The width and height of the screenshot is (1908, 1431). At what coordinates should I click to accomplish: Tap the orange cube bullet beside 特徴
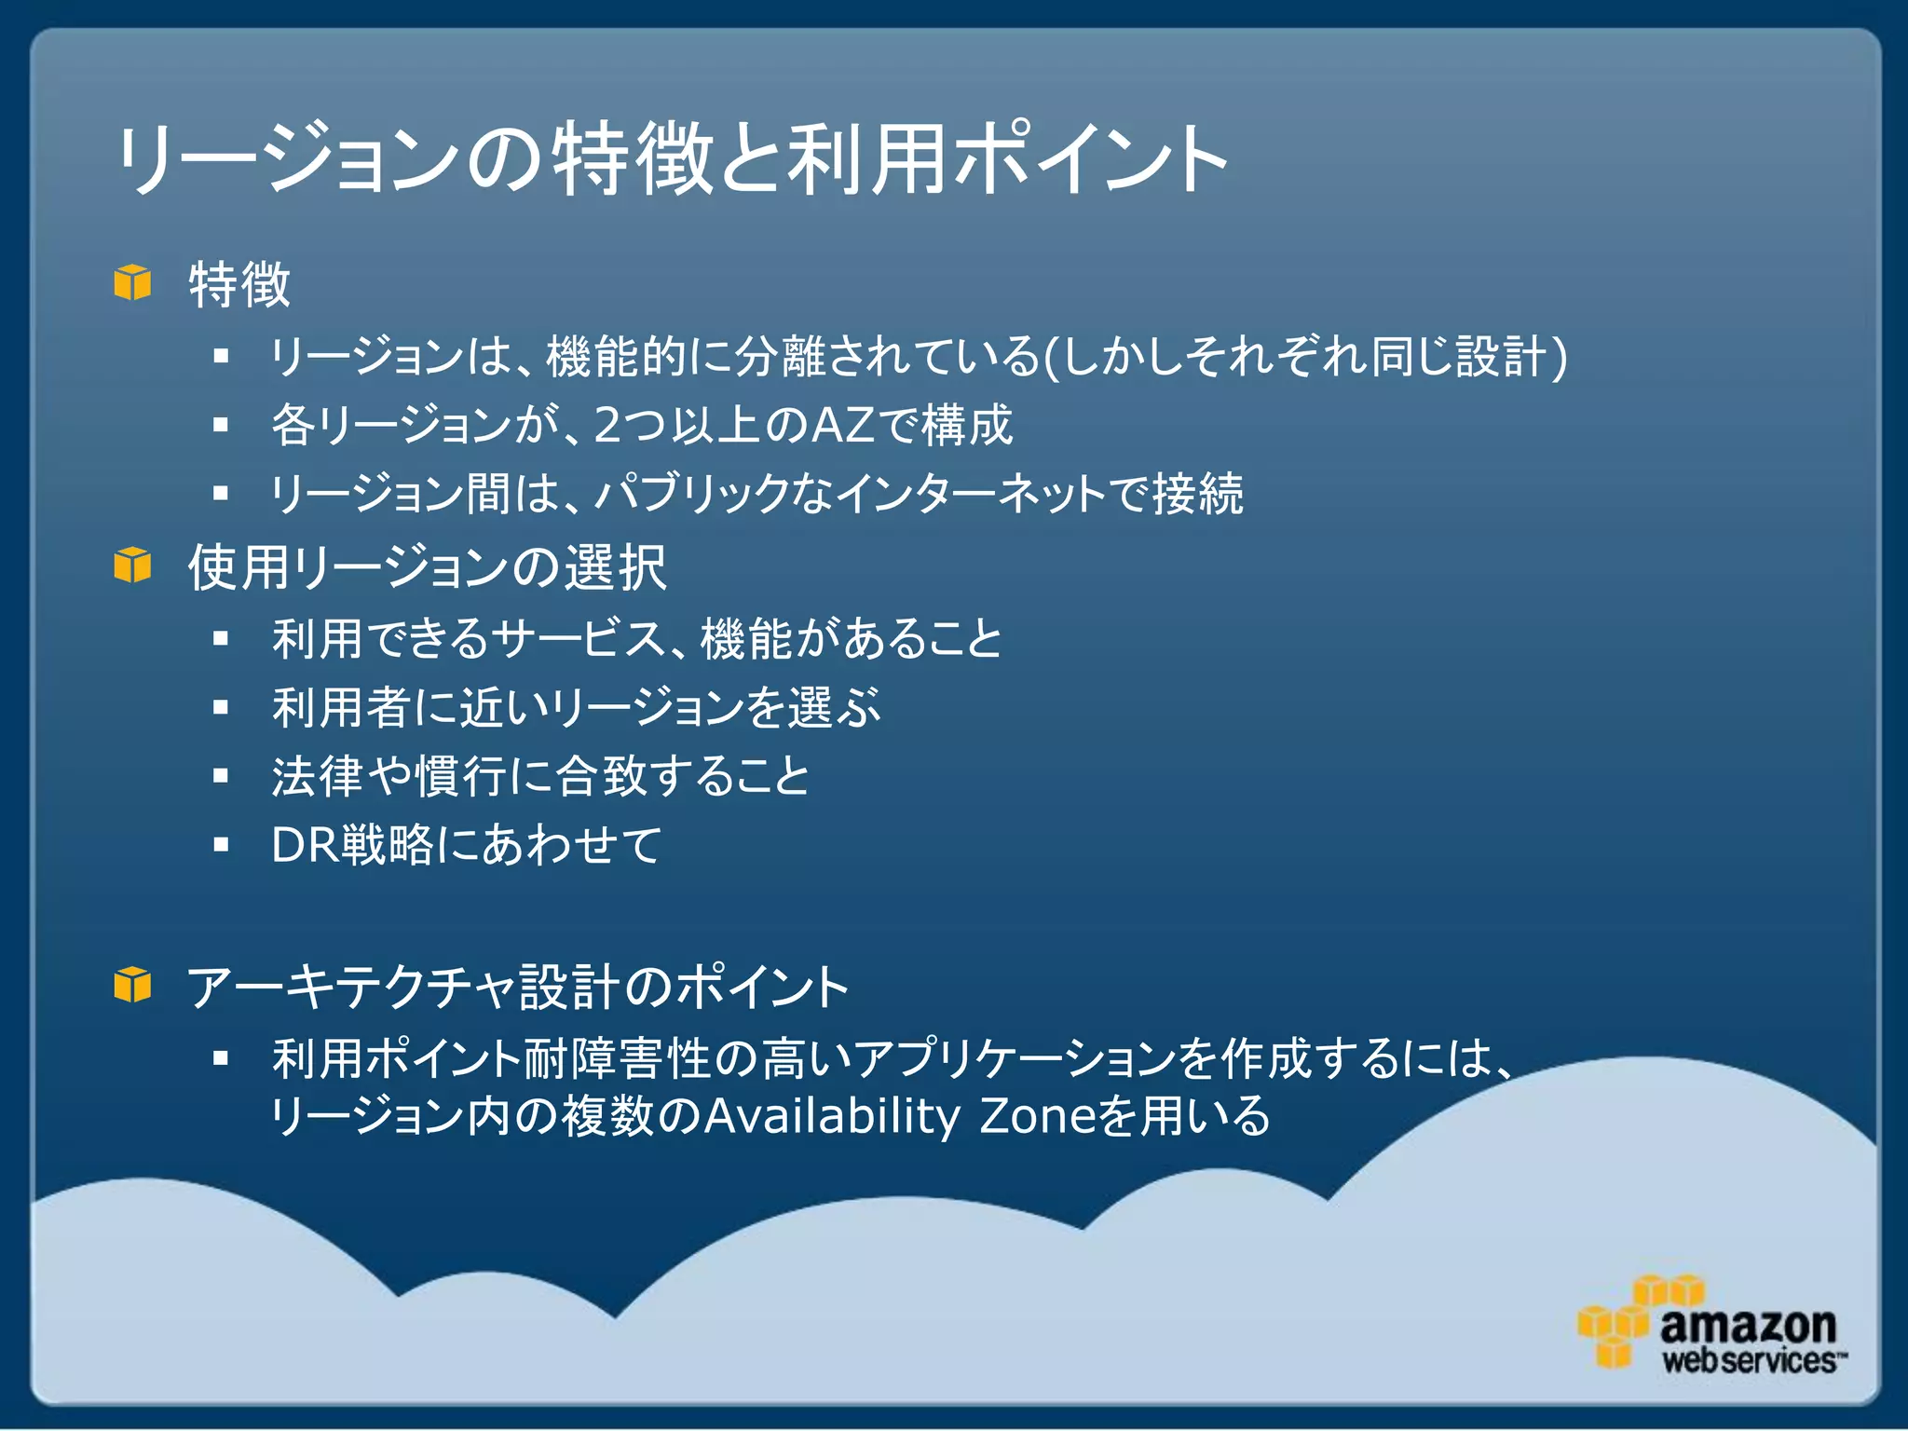pos(132,282)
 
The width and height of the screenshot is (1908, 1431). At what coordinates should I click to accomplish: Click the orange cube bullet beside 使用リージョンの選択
pos(132,566)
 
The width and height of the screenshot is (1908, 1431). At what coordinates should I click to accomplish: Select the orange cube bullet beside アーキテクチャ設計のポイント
pos(132,985)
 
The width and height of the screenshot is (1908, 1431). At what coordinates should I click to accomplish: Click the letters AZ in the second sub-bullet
pos(843,425)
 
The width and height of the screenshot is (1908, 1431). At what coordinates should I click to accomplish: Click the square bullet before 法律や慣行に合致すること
pos(221,775)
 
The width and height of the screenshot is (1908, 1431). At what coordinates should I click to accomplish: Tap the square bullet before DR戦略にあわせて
pos(221,845)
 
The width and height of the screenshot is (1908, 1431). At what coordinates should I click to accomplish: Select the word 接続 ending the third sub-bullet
pos(1198,494)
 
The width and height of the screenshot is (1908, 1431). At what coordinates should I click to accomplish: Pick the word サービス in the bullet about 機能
pos(578,639)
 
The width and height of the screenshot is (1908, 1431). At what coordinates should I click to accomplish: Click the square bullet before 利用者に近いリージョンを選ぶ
pos(221,707)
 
